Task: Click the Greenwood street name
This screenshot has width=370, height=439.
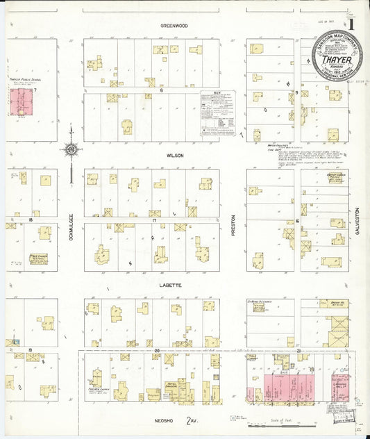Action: [x=174, y=26]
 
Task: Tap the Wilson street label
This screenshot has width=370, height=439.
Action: [x=174, y=156]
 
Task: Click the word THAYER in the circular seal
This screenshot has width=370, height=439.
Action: [x=336, y=60]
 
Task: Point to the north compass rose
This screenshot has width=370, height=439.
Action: [x=71, y=149]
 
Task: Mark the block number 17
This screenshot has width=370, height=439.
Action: [x=153, y=219]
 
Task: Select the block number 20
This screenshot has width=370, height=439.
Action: [x=157, y=349]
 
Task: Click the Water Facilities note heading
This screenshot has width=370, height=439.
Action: [x=258, y=145]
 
